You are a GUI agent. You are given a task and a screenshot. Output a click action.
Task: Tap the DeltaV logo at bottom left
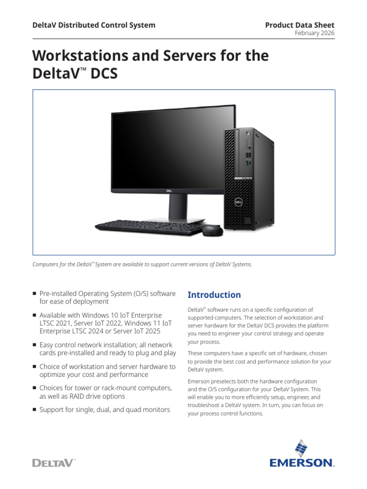(54, 462)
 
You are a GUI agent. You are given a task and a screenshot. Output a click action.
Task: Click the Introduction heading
(214, 295)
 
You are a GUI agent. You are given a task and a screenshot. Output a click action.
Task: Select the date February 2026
(314, 33)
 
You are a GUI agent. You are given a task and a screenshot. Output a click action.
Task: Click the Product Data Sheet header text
(300, 25)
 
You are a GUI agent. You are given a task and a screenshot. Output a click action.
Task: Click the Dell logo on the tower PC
(236, 202)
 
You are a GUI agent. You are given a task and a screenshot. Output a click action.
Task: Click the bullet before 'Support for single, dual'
(34, 409)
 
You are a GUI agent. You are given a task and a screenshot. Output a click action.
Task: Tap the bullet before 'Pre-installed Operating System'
(34, 293)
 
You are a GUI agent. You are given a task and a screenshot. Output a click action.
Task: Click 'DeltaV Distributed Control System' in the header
(94, 25)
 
